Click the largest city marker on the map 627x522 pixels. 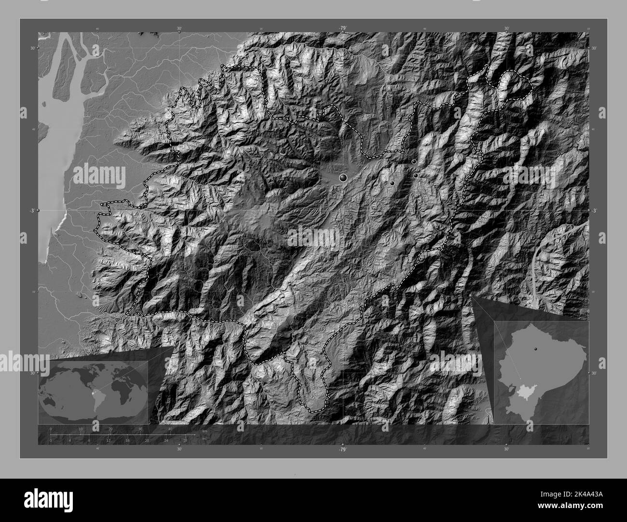click(x=343, y=178)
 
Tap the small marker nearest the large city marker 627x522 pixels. click(x=392, y=183)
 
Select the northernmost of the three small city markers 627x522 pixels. click(x=414, y=162)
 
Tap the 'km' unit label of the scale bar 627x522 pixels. click(x=205, y=430)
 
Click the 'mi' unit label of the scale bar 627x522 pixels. click(x=204, y=438)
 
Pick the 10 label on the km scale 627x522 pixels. click(x=81, y=429)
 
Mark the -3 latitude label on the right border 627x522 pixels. click(x=594, y=210)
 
